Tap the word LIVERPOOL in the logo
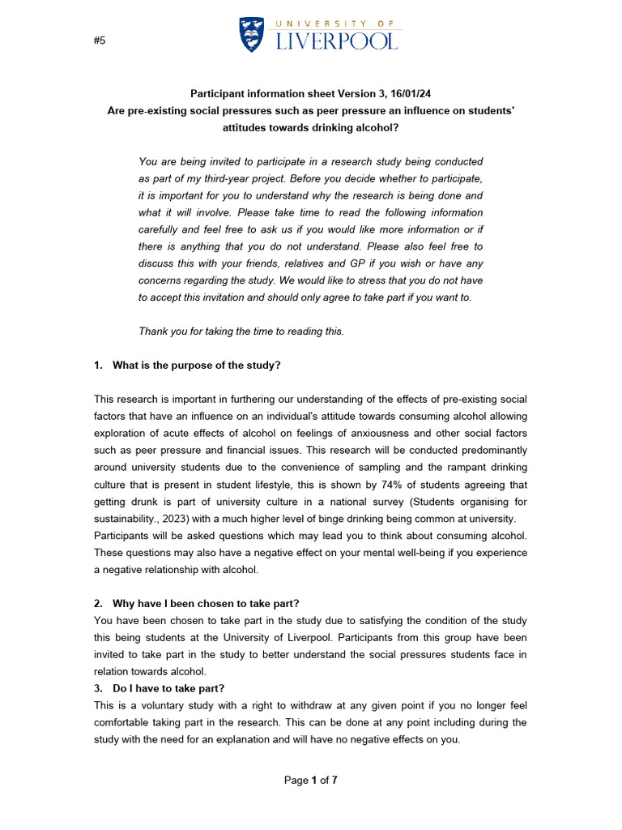coord(337,41)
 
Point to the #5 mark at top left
coord(100,41)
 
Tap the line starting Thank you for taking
coord(241,331)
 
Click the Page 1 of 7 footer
coord(310,781)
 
